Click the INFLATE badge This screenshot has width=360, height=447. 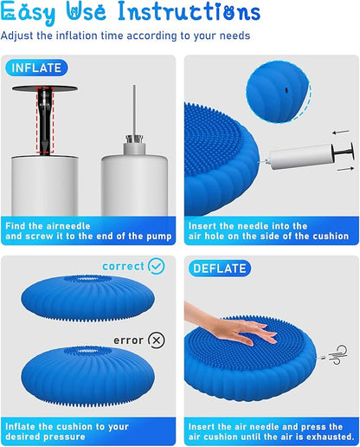coord(37,68)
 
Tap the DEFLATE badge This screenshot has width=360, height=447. coord(220,269)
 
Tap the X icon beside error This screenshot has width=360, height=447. coord(156,340)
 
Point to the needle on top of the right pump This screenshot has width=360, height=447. coord(133,108)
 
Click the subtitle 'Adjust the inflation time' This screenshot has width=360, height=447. coord(125,36)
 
